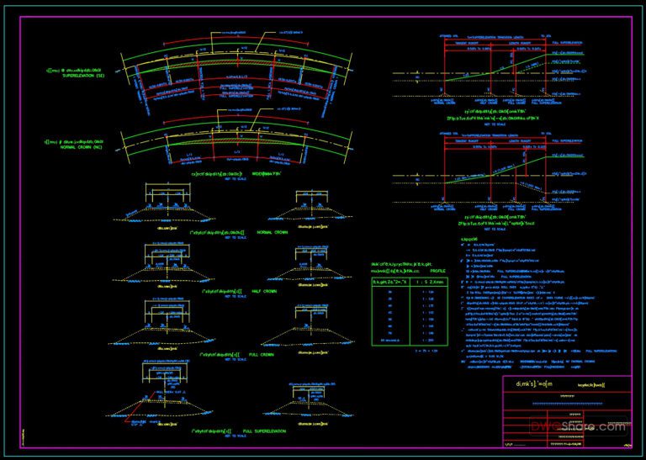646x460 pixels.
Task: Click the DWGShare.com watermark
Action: click(x=593, y=427)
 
